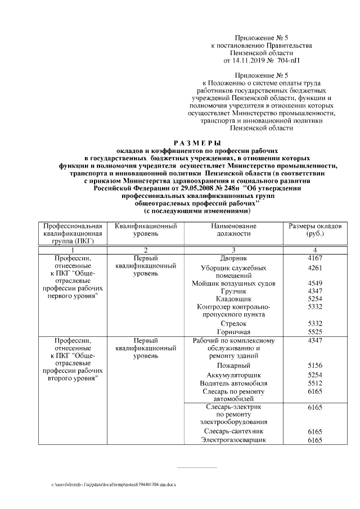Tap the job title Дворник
pyautogui.click(x=233, y=258)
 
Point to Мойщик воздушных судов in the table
pyautogui.click(x=233, y=283)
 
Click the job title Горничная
pyautogui.click(x=233, y=332)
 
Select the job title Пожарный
pyautogui.click(x=233, y=366)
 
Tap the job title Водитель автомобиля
pyautogui.click(x=233, y=382)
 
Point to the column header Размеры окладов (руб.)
pyautogui.click(x=314, y=229)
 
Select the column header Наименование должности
pyautogui.click(x=234, y=229)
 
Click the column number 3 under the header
pyautogui.click(x=233, y=250)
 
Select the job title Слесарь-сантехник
pyautogui.click(x=233, y=431)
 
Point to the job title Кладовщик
pyautogui.click(x=233, y=299)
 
